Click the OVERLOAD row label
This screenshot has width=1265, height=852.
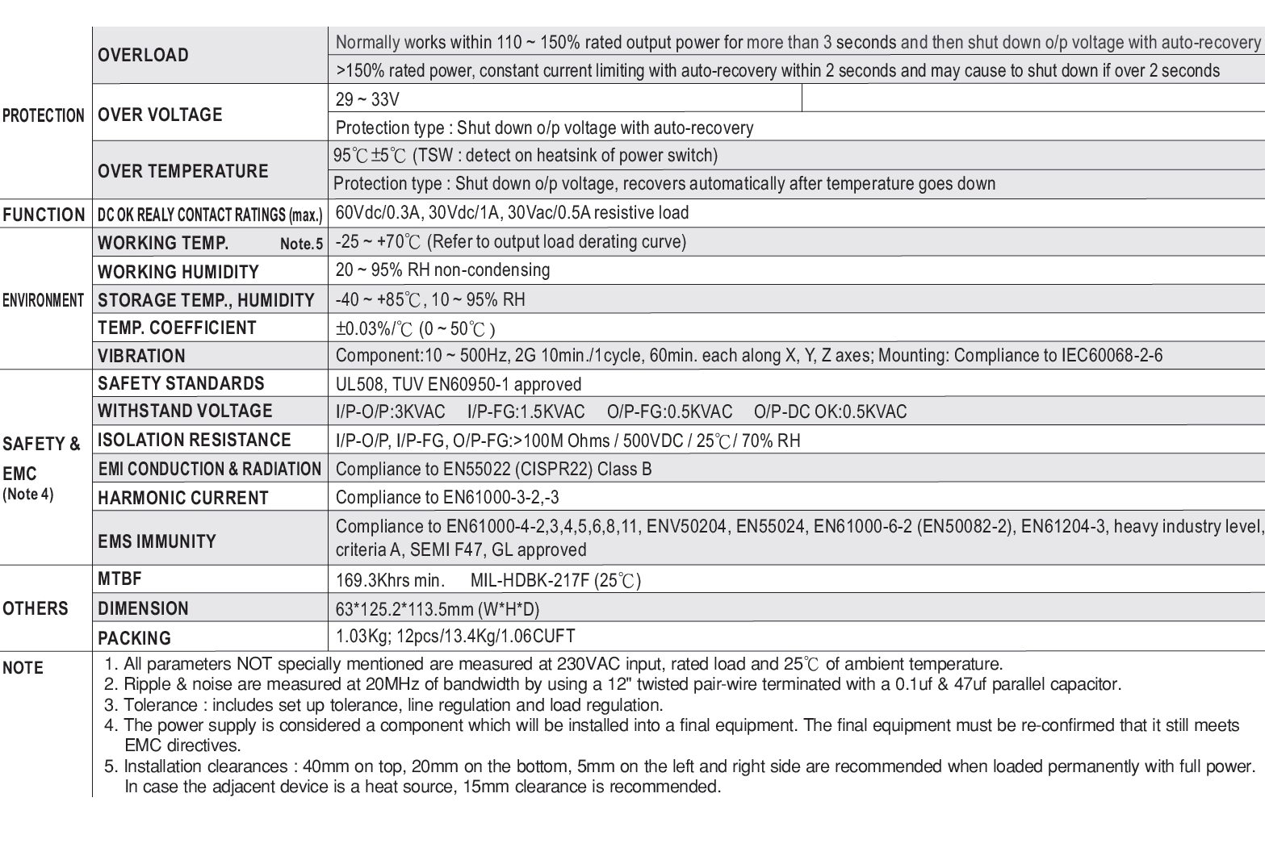click(143, 56)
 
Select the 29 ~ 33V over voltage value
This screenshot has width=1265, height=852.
click(367, 100)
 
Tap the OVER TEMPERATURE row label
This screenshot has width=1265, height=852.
click(182, 171)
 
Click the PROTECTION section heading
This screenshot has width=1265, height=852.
click(44, 115)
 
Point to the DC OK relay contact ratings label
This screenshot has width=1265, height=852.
click(210, 215)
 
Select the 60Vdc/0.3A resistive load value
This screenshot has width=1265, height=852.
click(512, 213)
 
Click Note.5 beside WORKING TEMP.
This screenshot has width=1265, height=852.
click(301, 244)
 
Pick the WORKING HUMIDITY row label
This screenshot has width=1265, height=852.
click(178, 272)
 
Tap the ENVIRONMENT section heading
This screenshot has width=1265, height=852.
click(44, 300)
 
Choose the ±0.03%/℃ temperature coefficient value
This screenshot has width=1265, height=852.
click(415, 328)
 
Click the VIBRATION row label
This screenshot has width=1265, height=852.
click(141, 356)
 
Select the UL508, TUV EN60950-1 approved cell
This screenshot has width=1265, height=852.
click(458, 384)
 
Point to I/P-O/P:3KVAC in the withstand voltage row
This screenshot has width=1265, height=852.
click(390, 412)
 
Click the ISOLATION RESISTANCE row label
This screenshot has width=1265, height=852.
click(194, 440)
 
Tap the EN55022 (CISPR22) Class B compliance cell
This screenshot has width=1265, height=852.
click(493, 470)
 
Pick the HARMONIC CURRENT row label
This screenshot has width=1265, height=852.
click(182, 498)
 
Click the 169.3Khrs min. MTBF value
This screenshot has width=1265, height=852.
click(390, 580)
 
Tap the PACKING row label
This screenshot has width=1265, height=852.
click(134, 638)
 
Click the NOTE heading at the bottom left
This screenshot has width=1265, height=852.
click(23, 668)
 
